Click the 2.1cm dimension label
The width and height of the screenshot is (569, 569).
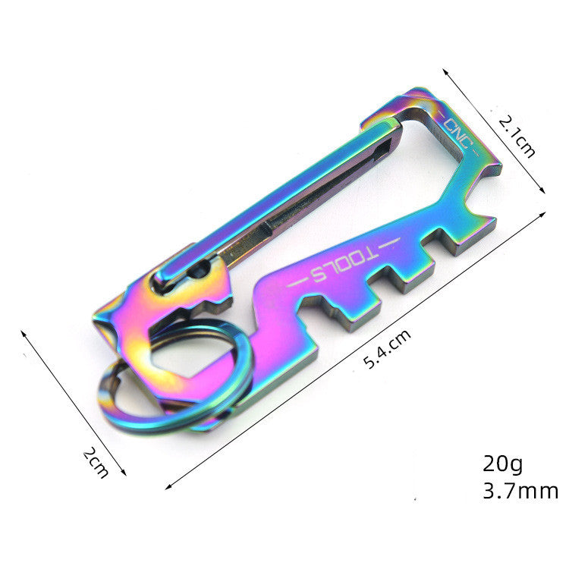point(517,136)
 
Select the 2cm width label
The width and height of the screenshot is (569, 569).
point(96,463)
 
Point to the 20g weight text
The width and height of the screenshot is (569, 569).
point(503,462)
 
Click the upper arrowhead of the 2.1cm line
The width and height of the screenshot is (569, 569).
point(446,70)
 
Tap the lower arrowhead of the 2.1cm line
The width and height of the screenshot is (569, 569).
point(545,194)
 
